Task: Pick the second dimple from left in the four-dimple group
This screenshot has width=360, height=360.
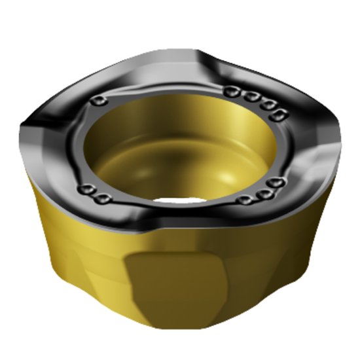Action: tap(249, 96)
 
